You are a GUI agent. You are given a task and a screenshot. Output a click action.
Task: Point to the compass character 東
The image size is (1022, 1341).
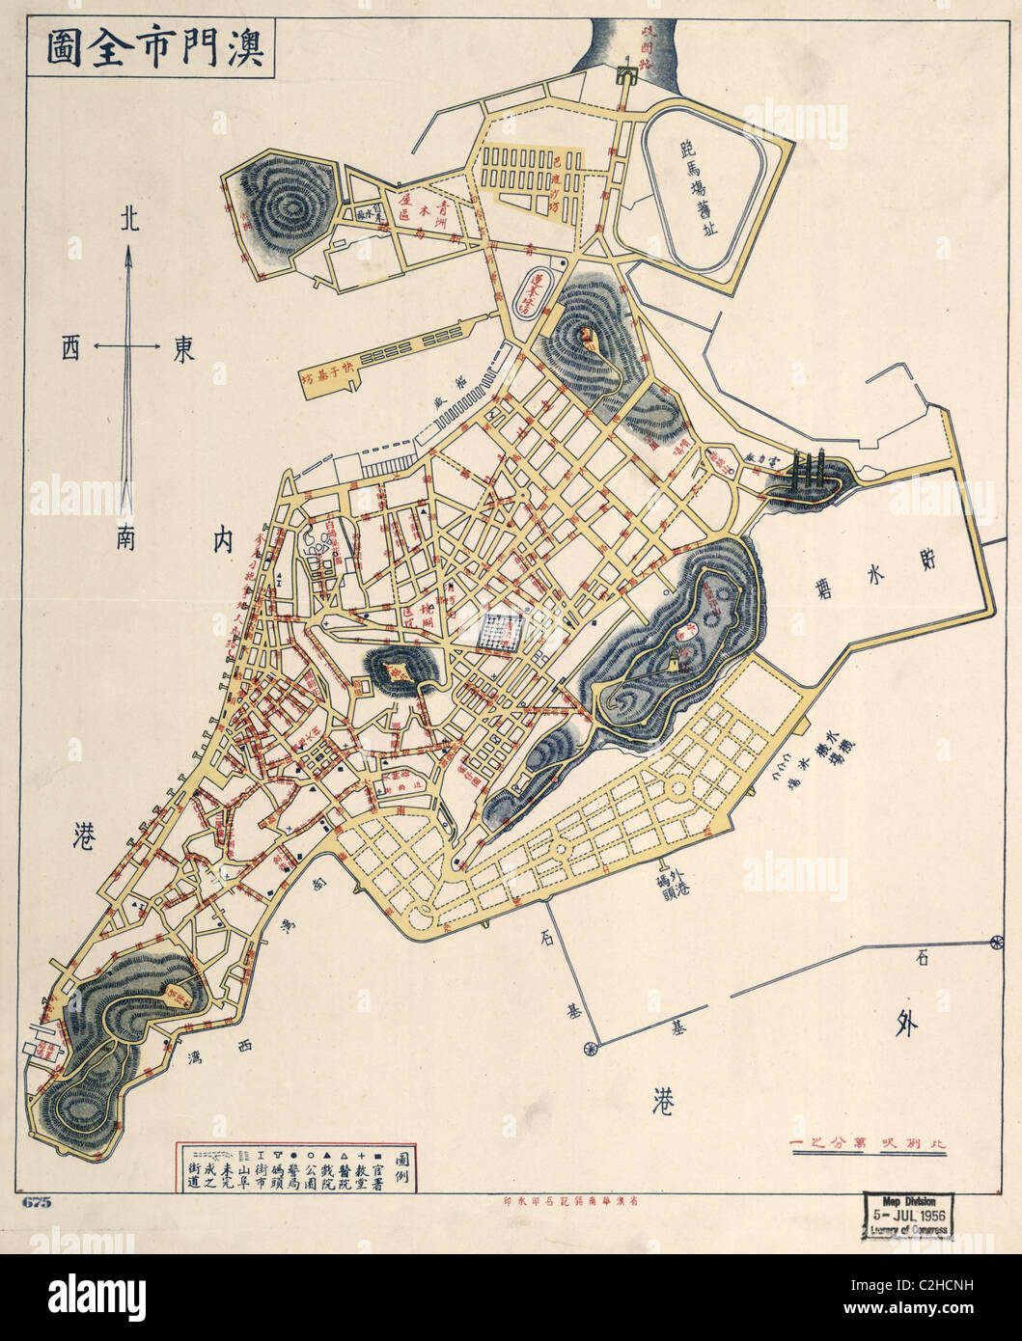click(183, 348)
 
